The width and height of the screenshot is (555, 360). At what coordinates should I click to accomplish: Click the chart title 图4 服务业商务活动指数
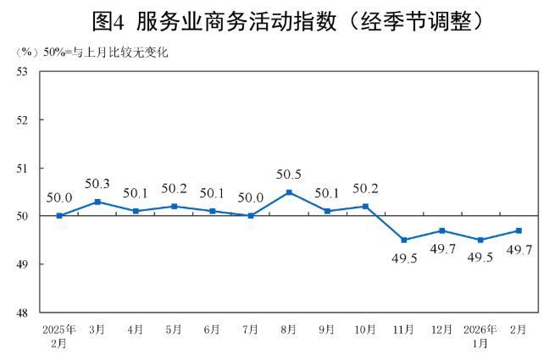[277, 19]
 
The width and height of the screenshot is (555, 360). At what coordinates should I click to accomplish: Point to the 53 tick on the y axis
[23, 72]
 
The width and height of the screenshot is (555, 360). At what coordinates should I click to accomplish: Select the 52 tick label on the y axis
[23, 120]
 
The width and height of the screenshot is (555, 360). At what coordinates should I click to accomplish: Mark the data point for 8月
[289, 192]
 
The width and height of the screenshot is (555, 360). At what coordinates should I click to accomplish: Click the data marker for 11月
[403, 240]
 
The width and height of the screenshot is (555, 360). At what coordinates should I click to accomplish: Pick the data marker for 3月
[97, 202]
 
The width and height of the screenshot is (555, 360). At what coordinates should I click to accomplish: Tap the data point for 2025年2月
[59, 216]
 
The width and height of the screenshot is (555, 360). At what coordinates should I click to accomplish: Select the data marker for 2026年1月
[480, 240]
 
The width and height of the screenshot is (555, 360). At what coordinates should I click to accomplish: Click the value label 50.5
[289, 175]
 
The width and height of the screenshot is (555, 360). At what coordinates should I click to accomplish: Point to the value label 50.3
[97, 185]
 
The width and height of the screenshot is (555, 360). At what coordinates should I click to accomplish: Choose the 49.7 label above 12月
[441, 251]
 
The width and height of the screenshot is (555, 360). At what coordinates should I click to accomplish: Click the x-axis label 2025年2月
[59, 335]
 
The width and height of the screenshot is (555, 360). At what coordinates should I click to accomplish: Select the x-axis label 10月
[365, 330]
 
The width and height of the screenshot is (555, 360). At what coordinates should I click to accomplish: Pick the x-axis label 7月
[251, 330]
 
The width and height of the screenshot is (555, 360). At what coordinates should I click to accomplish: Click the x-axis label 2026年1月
[480, 335]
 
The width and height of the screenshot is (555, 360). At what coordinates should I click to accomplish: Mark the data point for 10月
[365, 207]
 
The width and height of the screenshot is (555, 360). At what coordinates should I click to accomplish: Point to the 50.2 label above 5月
[174, 190]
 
